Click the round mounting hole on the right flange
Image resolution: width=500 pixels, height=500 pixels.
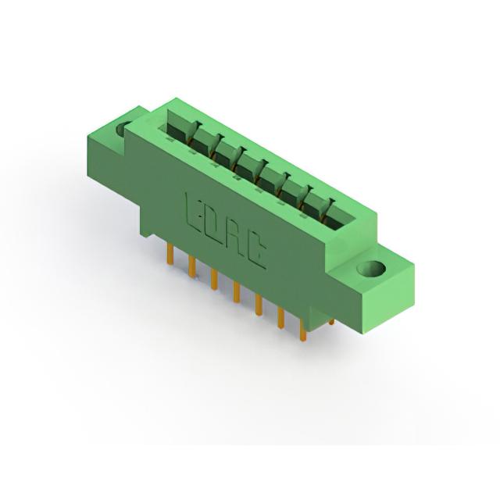point(371,269)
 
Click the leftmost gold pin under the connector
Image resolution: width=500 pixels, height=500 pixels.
point(170,252)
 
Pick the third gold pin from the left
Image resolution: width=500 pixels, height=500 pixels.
point(214,280)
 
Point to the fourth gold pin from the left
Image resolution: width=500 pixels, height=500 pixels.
point(236,291)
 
